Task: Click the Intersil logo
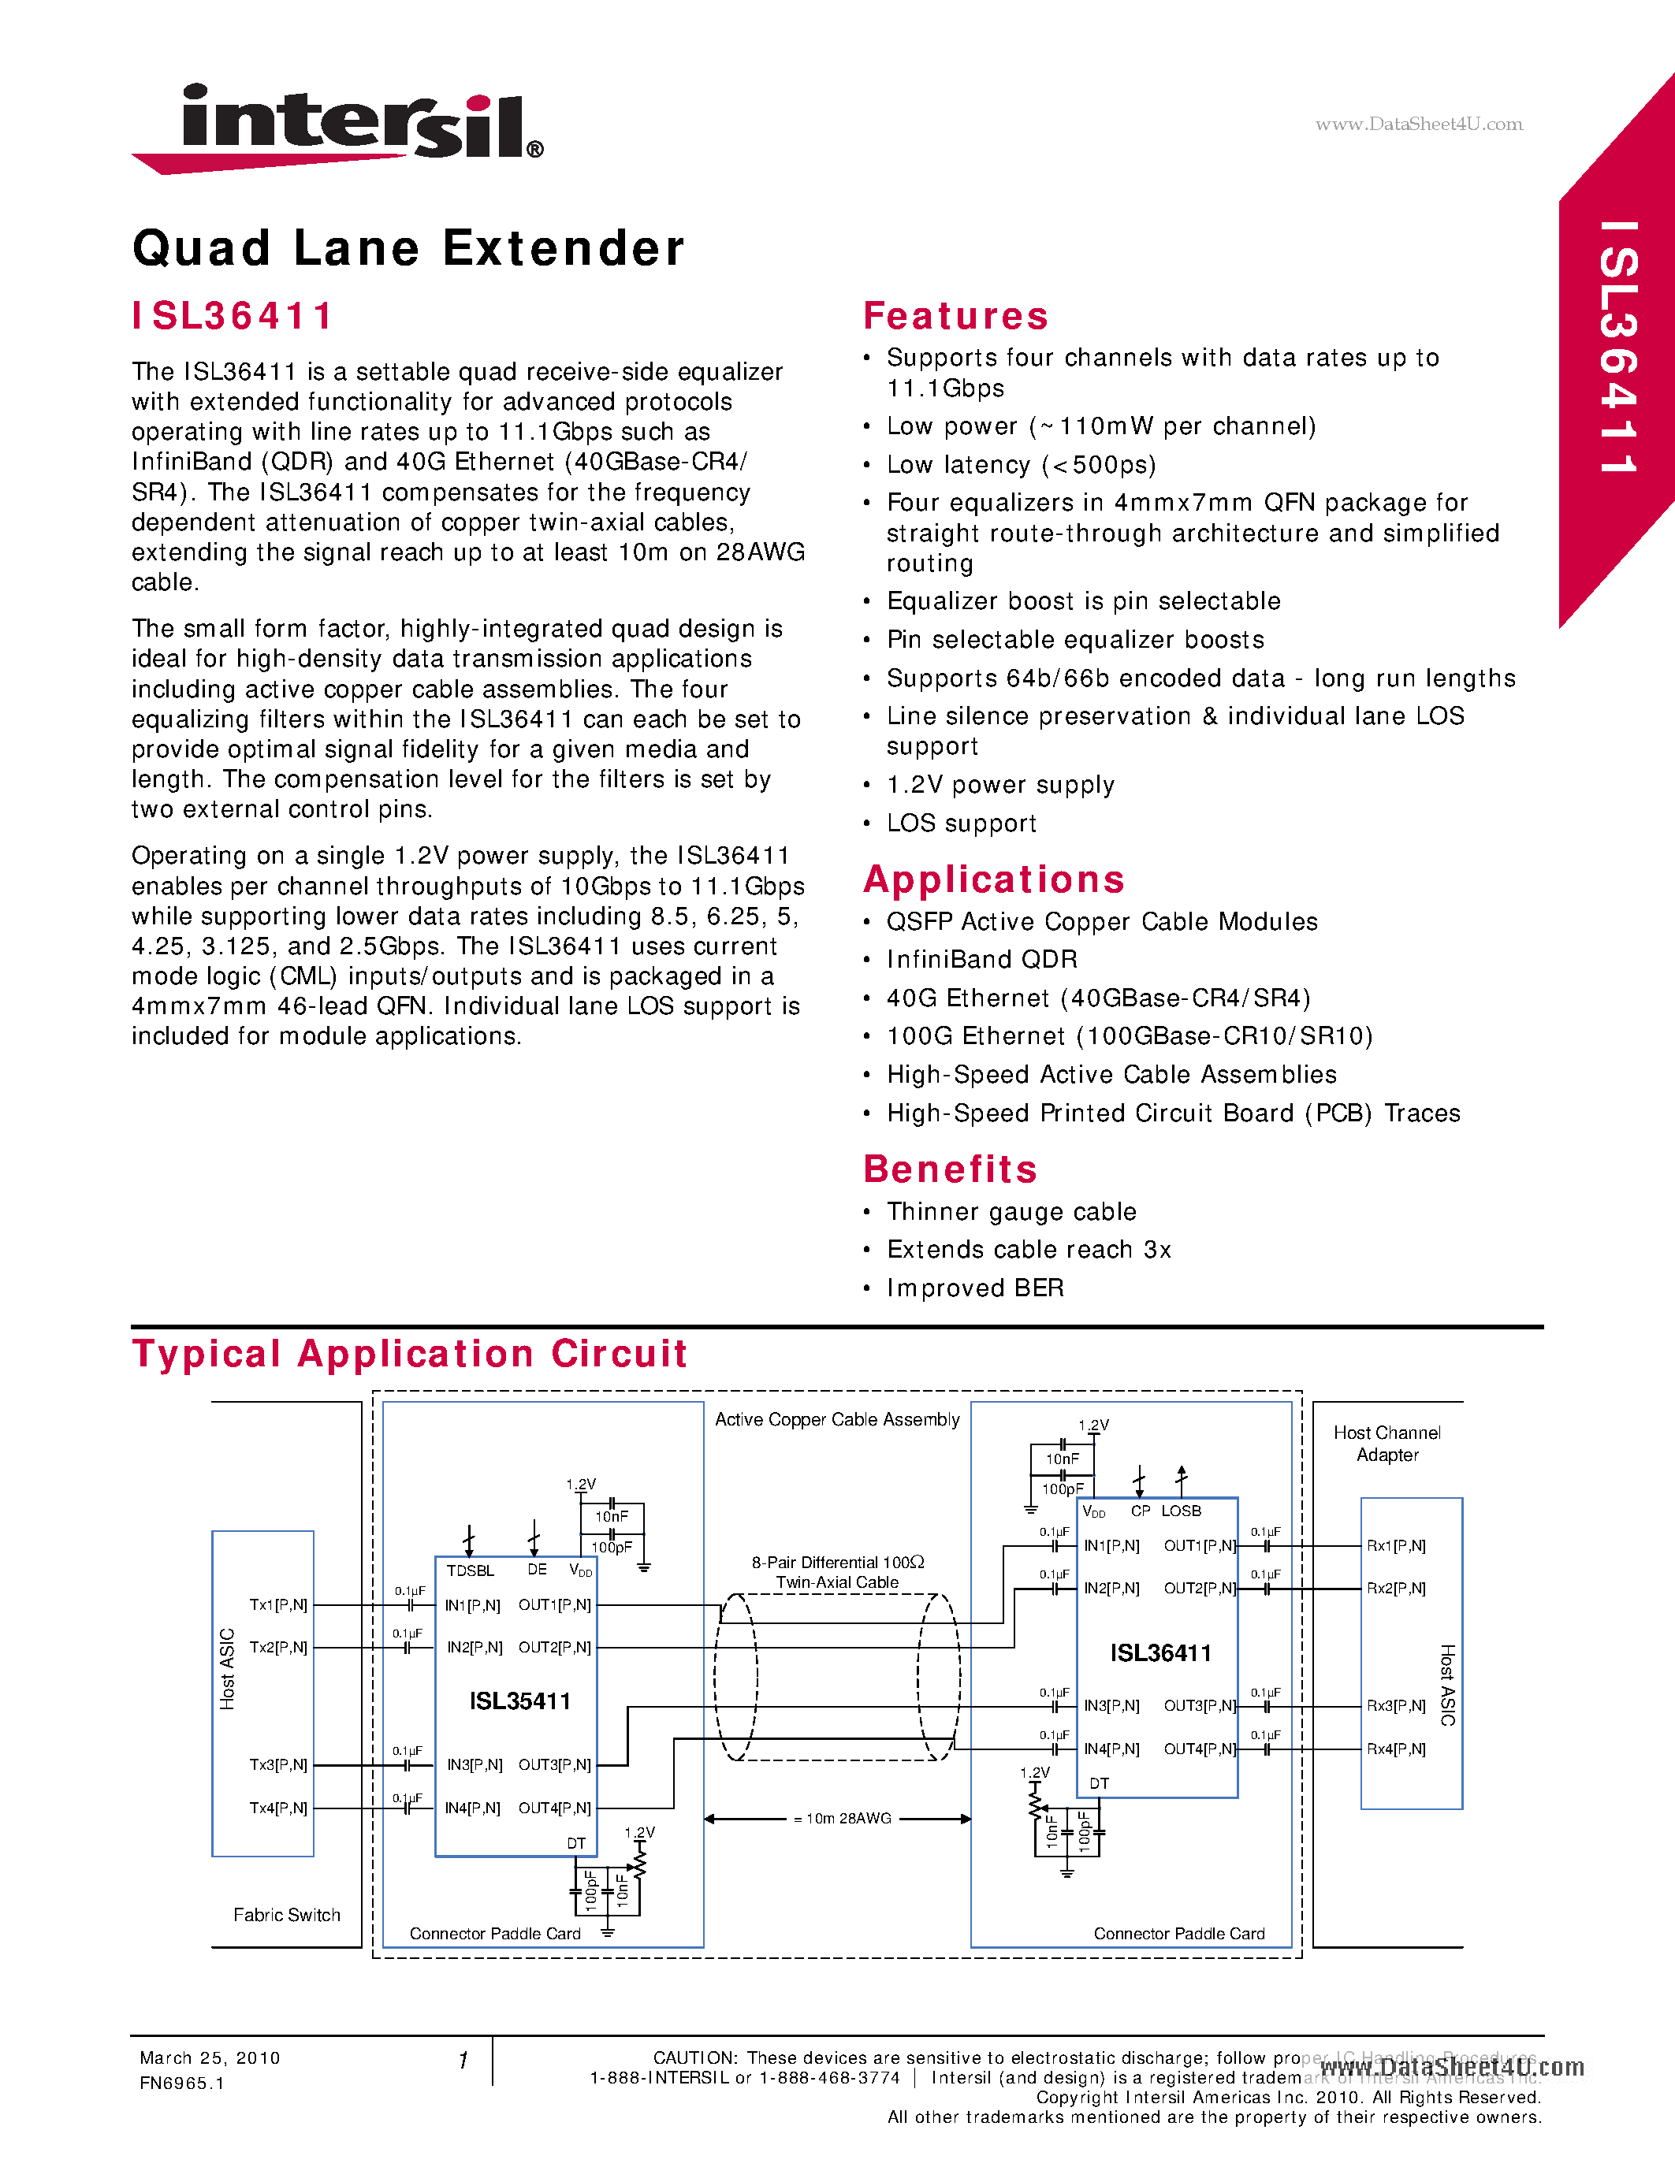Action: pyautogui.click(x=337, y=127)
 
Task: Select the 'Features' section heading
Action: pyautogui.click(x=955, y=315)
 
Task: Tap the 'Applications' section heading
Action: pyautogui.click(x=993, y=879)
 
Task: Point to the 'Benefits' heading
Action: pyautogui.click(x=950, y=1169)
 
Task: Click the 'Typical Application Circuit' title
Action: pyautogui.click(x=410, y=1353)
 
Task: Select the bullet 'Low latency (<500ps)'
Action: pyautogui.click(x=1021, y=464)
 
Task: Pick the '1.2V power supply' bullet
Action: pyautogui.click(x=1000, y=785)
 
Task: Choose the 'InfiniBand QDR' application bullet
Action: pyautogui.click(x=981, y=960)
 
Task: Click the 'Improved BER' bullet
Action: pyautogui.click(x=974, y=1288)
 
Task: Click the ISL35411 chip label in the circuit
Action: pyautogui.click(x=520, y=1701)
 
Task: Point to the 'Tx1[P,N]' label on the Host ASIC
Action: pyautogui.click(x=277, y=1604)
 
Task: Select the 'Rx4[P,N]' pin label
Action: pyautogui.click(x=1395, y=1749)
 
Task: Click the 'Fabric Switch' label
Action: pyautogui.click(x=287, y=1915)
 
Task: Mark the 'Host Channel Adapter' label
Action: pyautogui.click(x=1387, y=1444)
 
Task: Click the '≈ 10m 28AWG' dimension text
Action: pyautogui.click(x=843, y=1819)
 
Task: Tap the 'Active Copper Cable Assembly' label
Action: pyautogui.click(x=836, y=1420)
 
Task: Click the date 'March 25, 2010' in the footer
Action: pyautogui.click(x=210, y=2057)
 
